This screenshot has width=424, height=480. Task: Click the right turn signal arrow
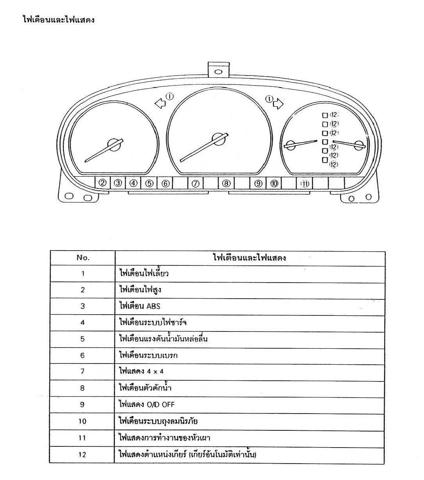tap(278, 103)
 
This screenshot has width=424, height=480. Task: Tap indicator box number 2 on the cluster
tap(102, 183)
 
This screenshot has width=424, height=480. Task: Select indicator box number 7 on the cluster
tap(196, 183)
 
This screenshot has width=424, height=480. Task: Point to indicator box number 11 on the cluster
tap(305, 183)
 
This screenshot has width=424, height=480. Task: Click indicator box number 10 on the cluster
tap(274, 183)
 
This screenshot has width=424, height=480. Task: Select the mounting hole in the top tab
tap(218, 72)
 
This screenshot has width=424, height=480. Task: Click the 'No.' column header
tap(83, 258)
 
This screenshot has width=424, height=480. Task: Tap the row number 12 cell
tap(82, 454)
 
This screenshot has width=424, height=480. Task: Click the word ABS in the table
tap(153, 306)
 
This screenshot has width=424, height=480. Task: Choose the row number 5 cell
tap(82, 339)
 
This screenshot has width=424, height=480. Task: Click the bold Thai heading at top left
tap(59, 20)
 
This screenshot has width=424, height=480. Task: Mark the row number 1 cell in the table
tap(82, 273)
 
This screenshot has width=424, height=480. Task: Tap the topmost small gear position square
tap(324, 115)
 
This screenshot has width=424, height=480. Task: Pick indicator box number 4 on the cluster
tap(134, 183)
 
